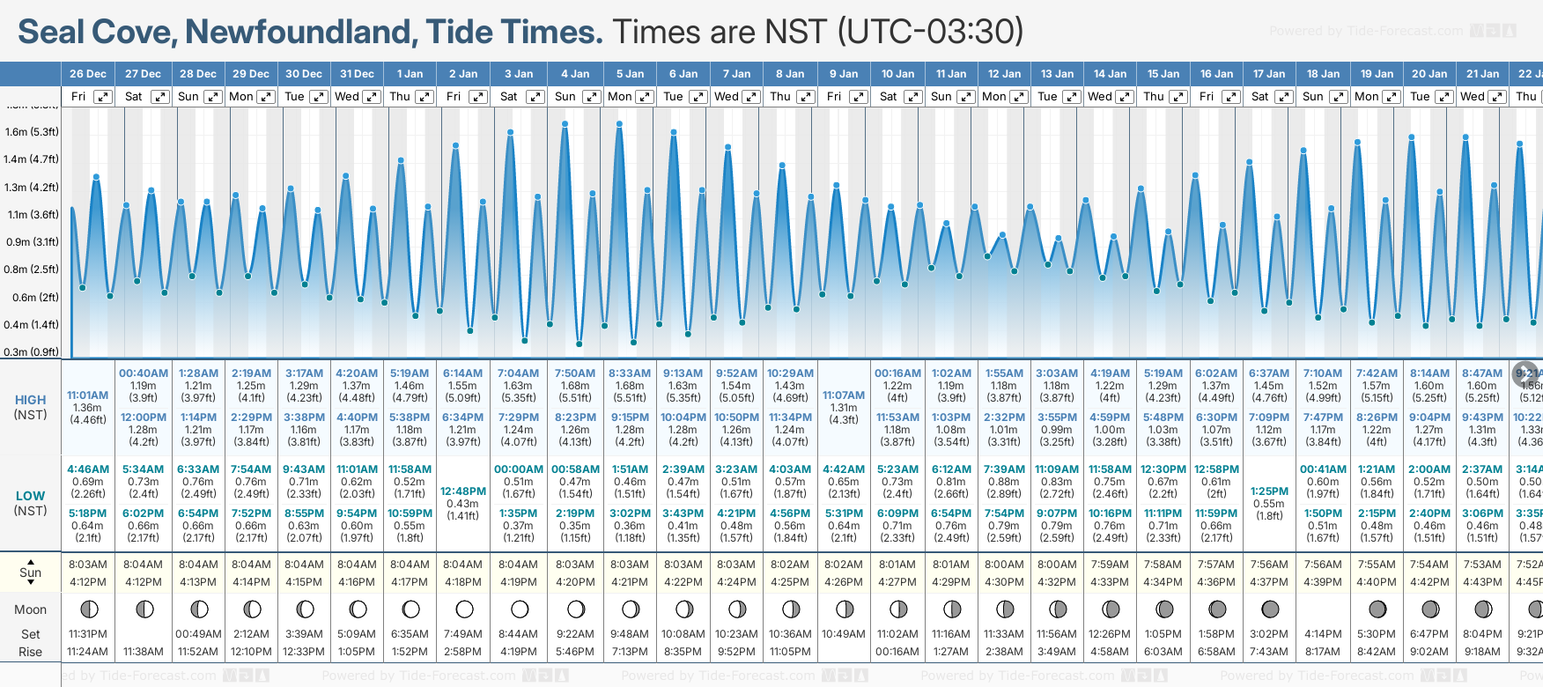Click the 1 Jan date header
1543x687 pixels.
pyautogui.click(x=410, y=74)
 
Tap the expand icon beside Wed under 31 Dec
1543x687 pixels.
pyautogui.click(x=372, y=97)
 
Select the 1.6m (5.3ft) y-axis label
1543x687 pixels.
pyautogui.click(x=31, y=132)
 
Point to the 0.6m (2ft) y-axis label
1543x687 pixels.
pyautogui.click(x=31, y=298)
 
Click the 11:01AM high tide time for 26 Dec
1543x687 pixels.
pyautogui.click(x=88, y=395)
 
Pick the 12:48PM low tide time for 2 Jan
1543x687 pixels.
pyautogui.click(x=463, y=491)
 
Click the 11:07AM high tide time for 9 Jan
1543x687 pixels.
pyautogui.click(x=844, y=395)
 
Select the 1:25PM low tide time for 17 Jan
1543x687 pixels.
pyautogui.click(x=1269, y=491)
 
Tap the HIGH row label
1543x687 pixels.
pyautogui.click(x=31, y=400)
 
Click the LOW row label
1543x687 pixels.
pyautogui.click(x=31, y=496)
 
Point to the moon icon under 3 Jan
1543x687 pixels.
pyautogui.click(x=520, y=609)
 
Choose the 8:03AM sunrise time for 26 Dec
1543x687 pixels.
pyautogui.click(x=88, y=565)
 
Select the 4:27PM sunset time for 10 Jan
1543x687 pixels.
pyautogui.click(x=897, y=582)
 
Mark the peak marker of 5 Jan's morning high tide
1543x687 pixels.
pyautogui.click(x=620, y=124)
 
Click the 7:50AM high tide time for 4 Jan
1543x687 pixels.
pyautogui.click(x=575, y=373)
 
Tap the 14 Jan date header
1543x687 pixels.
pyautogui.click(x=1110, y=74)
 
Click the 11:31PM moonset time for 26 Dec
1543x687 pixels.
pyautogui.click(x=88, y=634)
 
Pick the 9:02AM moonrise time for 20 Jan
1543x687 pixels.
pyautogui.click(x=1429, y=652)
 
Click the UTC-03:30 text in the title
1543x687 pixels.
pyautogui.click(x=930, y=32)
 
